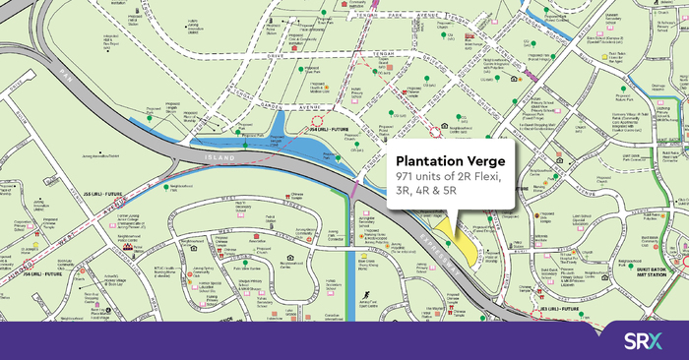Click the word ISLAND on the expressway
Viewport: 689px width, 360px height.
tap(225, 157)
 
